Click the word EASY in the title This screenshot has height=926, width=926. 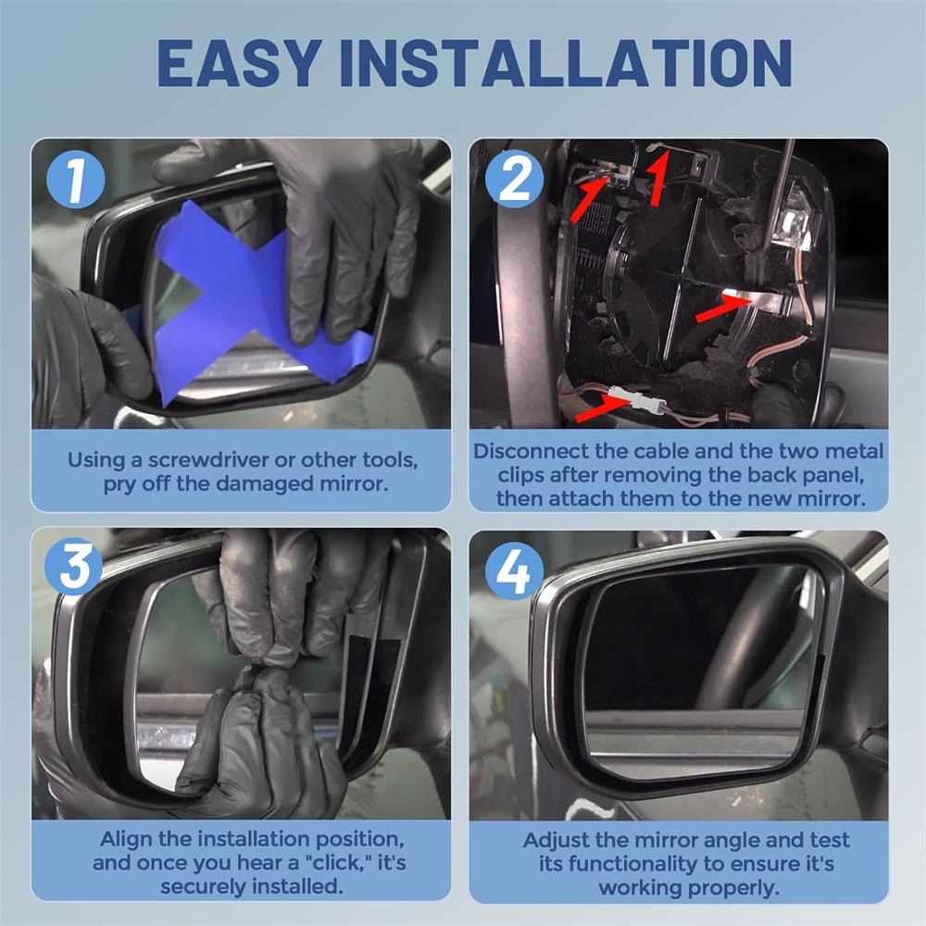click(240, 63)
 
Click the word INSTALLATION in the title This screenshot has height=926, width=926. click(565, 63)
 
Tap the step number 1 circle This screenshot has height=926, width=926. click(76, 179)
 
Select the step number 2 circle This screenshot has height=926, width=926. click(514, 178)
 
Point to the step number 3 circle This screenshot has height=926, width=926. click(74, 567)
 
